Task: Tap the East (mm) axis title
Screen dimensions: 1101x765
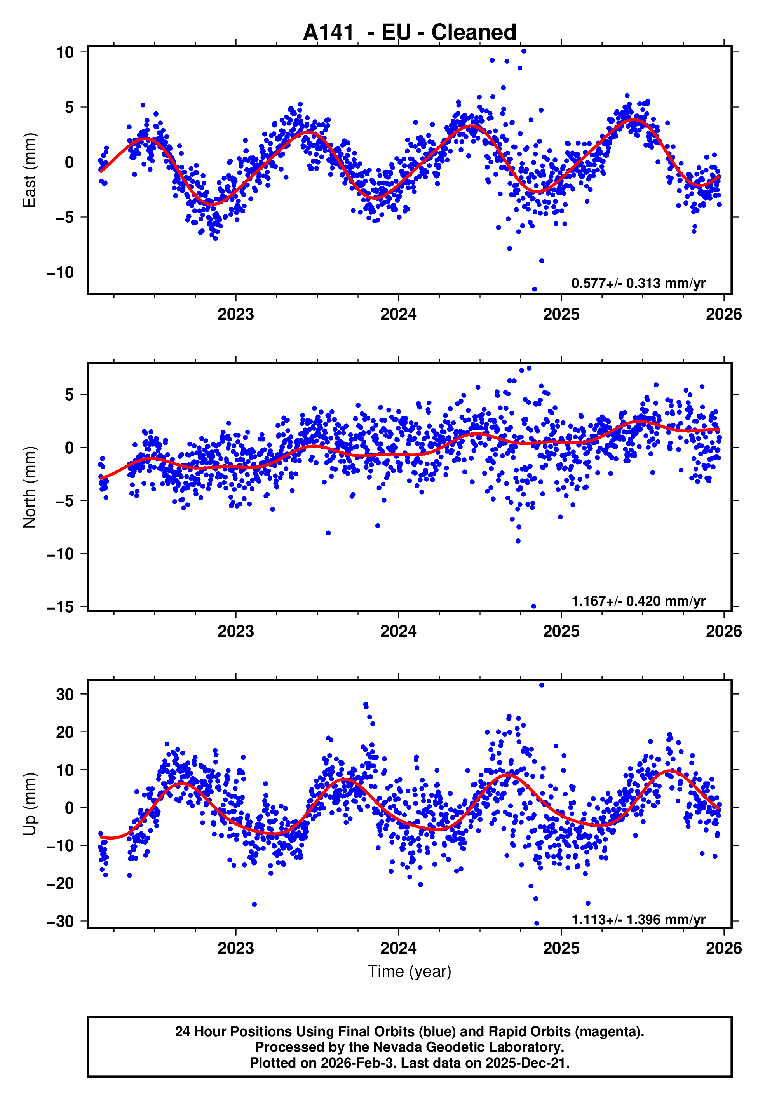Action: tap(30, 170)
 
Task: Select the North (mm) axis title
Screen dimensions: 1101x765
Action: tap(30, 487)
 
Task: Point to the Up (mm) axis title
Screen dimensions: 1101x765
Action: tap(30, 804)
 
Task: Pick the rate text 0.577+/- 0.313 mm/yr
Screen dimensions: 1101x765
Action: tap(638, 283)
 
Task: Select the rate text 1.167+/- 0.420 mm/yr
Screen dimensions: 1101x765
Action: tap(638, 601)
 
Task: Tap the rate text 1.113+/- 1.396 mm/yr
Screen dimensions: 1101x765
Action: tap(638, 919)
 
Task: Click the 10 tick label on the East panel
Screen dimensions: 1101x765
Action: tap(65, 52)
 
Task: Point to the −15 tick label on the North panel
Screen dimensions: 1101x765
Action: tap(60, 607)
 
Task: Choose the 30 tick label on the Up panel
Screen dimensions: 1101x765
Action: tap(65, 695)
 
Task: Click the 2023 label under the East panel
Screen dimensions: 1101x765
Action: tap(235, 314)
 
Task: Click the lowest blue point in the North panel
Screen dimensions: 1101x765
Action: tap(533, 606)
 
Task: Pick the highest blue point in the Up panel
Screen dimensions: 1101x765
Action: tap(542, 685)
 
